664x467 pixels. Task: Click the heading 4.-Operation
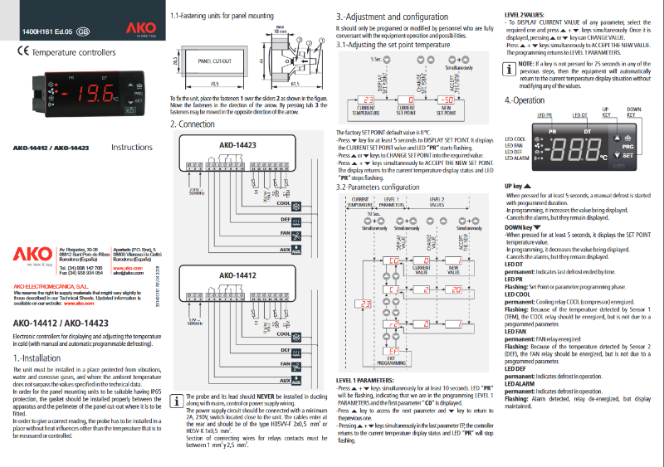coord(525,100)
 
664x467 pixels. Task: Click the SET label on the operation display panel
coord(627,156)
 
